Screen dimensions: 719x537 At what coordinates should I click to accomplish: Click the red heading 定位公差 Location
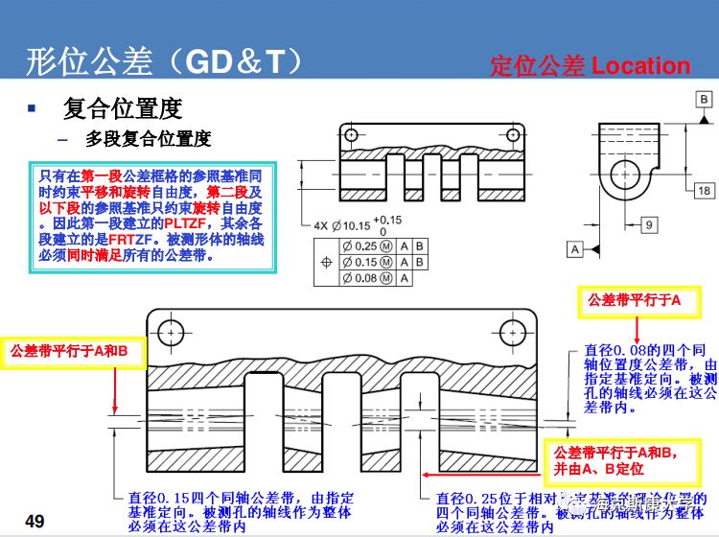click(x=590, y=65)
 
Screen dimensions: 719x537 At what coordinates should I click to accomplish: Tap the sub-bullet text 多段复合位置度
click(x=148, y=138)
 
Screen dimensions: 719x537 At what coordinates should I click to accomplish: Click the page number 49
click(x=35, y=521)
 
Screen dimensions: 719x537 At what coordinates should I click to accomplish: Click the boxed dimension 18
click(x=704, y=191)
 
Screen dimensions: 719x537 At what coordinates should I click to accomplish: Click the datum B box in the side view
click(x=703, y=100)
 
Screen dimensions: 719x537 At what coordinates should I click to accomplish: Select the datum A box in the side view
click(x=576, y=249)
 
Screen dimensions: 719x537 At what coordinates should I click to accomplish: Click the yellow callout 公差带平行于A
click(x=628, y=301)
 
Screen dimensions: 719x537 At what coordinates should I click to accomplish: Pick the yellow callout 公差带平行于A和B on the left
click(x=76, y=351)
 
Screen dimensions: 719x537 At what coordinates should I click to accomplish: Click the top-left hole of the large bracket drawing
click(x=173, y=332)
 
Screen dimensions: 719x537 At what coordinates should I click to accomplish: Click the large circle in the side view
click(x=629, y=174)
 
